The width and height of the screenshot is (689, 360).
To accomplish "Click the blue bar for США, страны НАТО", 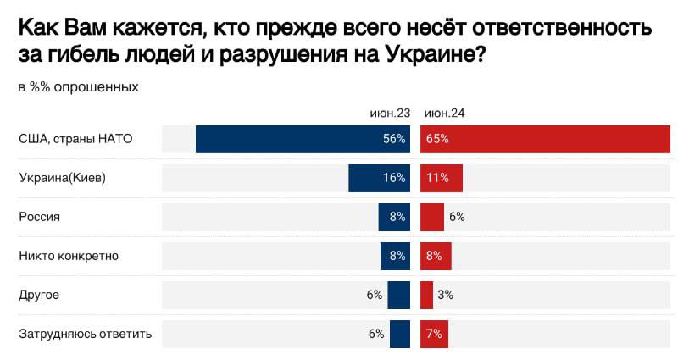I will pos(303,139).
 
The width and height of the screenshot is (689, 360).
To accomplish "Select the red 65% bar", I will pos(546,139).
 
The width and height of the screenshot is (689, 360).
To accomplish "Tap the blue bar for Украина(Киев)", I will pos(379,178).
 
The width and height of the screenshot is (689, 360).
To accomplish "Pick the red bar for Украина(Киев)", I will pos(442,178).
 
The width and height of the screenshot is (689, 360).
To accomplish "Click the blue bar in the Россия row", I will pos(394,217).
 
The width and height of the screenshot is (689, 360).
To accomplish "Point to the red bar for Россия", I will pos(432,217).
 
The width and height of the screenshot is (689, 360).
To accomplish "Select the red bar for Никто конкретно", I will pos(436,256).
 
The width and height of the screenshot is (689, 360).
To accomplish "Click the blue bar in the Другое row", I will pos(398,295).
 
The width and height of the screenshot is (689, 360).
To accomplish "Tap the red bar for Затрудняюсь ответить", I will pos(434,334).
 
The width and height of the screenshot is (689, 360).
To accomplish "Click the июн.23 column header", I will pos(390,113).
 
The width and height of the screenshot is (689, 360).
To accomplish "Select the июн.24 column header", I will pos(444,113).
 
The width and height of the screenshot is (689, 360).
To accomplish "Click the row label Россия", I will pos(39,217).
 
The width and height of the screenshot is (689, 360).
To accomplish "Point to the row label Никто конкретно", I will pos(69,256).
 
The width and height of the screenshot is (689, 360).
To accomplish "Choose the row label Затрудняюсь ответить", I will pos(85,334).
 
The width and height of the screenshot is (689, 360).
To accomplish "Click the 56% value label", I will pos(394,139).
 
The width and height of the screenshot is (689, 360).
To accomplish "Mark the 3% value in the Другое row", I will pos(446,295).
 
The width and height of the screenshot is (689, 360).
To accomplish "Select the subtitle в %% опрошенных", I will pos(77,87).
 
